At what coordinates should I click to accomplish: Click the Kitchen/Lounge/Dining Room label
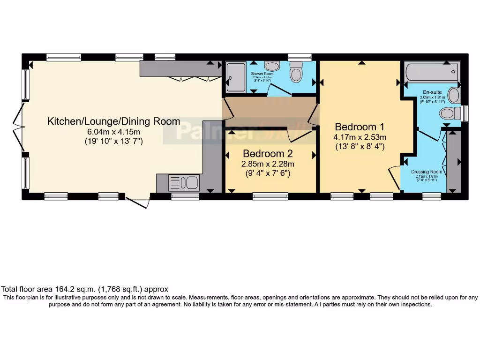coord(113,121)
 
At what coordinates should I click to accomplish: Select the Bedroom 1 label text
coord(360,127)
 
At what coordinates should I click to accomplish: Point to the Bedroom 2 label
coord(267,154)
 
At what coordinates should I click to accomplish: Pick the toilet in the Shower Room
coord(296,74)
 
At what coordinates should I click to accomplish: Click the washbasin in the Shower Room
coord(272,66)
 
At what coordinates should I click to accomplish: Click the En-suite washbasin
coord(453,95)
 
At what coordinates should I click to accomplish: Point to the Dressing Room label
coord(427,172)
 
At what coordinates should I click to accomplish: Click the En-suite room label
coord(432,92)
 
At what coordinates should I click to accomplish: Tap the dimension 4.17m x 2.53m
coord(360,137)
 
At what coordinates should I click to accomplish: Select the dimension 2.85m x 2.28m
coord(268,164)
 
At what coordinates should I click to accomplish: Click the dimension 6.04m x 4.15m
coord(113,131)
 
